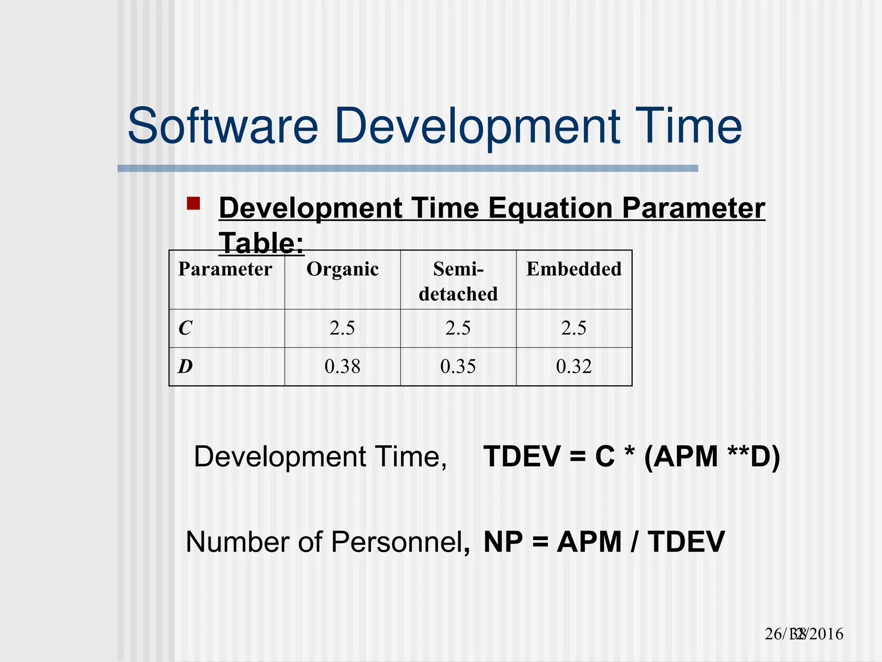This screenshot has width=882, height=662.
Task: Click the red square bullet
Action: pos(193,203)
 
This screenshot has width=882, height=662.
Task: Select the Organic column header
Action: pos(342,269)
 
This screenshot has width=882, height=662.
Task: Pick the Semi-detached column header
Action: pos(458,281)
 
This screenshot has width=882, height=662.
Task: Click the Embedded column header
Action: pos(574,269)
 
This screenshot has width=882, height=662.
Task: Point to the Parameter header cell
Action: pos(225,269)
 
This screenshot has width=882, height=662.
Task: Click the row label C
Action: pos(185,328)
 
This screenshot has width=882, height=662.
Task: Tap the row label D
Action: pos(185,367)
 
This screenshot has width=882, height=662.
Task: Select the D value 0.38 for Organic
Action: pos(342,367)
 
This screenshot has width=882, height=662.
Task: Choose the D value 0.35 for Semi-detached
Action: pos(458,367)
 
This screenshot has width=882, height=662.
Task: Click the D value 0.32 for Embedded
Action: pos(574,367)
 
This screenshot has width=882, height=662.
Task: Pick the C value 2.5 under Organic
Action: pos(342,328)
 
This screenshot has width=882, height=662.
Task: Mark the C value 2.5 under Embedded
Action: pos(574,328)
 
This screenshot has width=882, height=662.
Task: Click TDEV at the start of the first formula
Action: pos(522,456)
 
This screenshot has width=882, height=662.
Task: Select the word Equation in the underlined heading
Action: pos(550,209)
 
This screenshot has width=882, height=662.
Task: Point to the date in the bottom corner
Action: pos(804,634)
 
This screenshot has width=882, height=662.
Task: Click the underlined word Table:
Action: pos(261,243)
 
